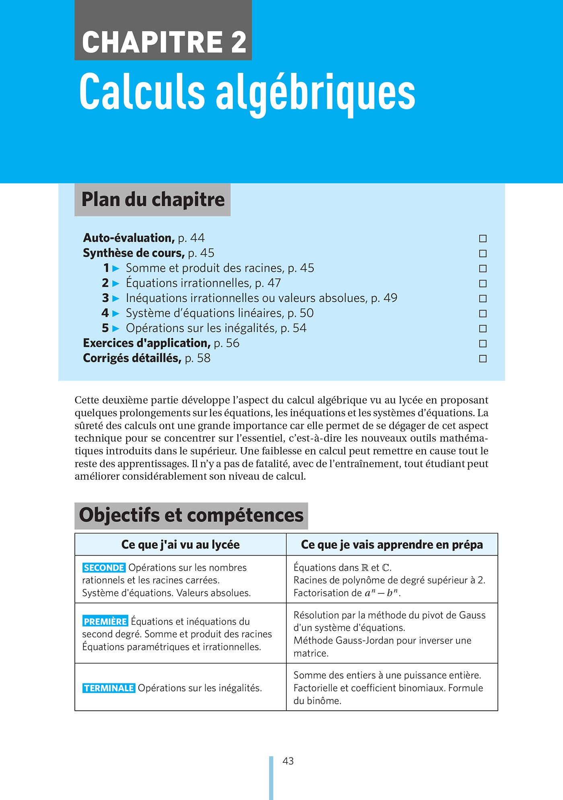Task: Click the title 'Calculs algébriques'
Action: coord(247,92)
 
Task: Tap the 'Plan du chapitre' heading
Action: coord(153,199)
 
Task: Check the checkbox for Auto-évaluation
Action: coord(483,238)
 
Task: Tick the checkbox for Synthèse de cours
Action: coord(483,253)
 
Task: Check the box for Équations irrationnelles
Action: coord(483,283)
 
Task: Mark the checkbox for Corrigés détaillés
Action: coord(483,358)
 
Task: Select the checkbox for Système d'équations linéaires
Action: coord(483,313)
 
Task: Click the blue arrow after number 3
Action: coord(116,298)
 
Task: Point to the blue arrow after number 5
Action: coord(116,328)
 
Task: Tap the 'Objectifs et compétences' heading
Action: coord(191,515)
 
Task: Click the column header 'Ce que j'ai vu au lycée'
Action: coord(180,545)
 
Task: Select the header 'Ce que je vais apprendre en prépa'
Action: coord(392,545)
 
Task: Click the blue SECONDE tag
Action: coord(104,568)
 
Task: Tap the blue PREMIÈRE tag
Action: coord(105,622)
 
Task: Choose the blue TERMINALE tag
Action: coord(109,688)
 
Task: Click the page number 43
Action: coord(288,761)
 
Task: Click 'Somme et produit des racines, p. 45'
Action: coord(220,268)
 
